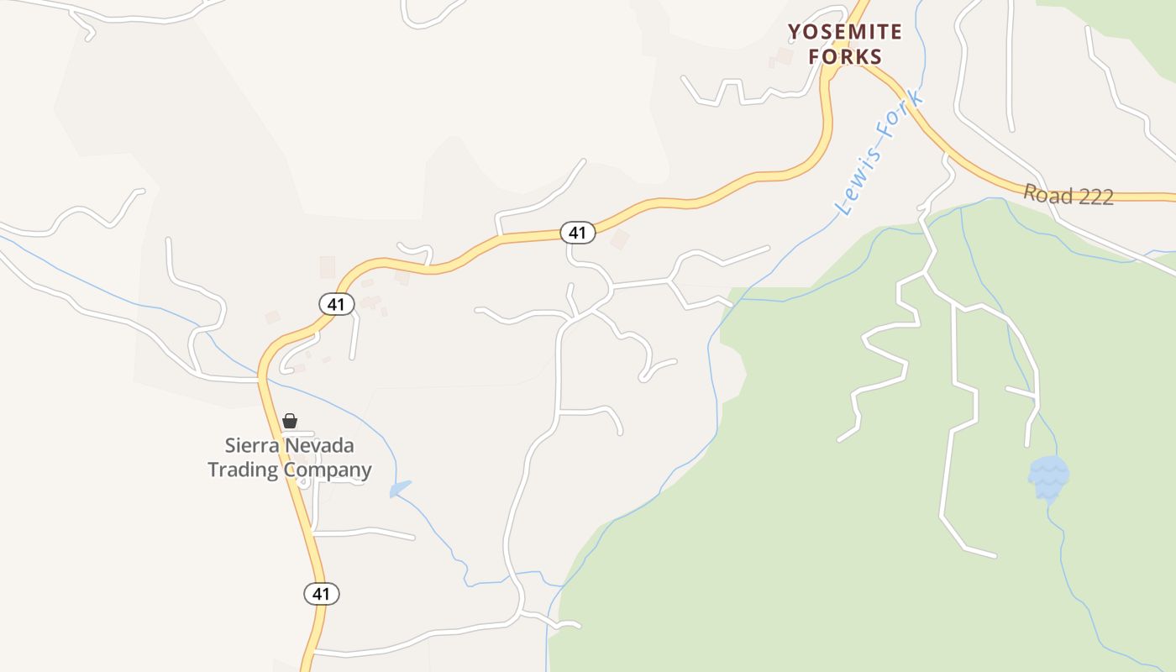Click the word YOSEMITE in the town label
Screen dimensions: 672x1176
845,33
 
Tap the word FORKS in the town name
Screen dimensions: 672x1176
845,57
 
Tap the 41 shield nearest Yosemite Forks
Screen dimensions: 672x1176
577,233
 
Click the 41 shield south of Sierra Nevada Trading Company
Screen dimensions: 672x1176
321,594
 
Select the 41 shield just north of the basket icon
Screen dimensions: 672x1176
336,304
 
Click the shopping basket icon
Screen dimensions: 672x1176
290,421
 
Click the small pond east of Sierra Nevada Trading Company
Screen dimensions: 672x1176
400,488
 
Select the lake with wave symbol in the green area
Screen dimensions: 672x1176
1048,477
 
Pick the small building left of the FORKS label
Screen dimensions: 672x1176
784,56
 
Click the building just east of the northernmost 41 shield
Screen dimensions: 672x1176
620,239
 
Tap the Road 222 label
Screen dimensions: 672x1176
1068,196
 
